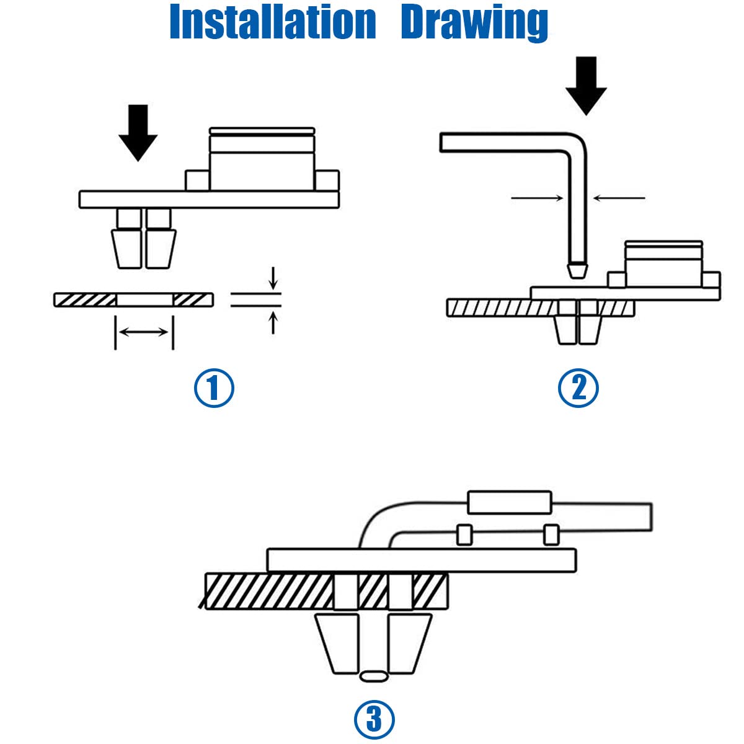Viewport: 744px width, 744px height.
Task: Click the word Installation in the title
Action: [x=273, y=22]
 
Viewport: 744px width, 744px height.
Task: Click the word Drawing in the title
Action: [x=474, y=23]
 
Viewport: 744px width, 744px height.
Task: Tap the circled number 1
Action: [x=213, y=388]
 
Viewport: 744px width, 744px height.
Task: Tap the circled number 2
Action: [x=578, y=388]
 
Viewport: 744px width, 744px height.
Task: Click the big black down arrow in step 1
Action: [x=138, y=133]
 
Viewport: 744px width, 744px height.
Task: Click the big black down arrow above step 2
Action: [x=586, y=86]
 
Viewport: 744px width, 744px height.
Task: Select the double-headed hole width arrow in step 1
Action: [x=143, y=332]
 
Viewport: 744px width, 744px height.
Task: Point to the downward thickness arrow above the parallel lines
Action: [x=273, y=278]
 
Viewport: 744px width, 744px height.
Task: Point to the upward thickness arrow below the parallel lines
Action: [x=273, y=323]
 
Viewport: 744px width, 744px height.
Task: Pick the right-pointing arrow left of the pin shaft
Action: [x=537, y=198]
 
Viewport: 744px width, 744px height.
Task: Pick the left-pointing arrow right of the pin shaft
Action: [x=619, y=198]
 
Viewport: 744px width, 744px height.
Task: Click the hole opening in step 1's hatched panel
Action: [x=144, y=300]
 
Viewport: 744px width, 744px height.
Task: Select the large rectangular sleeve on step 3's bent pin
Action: [x=510, y=502]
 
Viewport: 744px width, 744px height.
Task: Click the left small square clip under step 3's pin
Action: [x=464, y=534]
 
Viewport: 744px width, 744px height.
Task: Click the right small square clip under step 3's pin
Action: [x=551, y=534]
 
